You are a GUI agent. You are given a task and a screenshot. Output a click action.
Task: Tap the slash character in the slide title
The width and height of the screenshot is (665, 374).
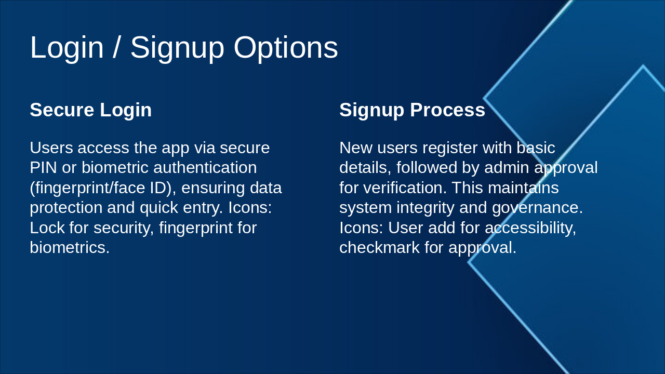[117, 48]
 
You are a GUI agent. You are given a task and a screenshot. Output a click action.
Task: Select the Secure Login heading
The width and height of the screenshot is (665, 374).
[90, 110]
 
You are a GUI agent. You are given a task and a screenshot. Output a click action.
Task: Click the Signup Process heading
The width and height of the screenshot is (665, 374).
[412, 110]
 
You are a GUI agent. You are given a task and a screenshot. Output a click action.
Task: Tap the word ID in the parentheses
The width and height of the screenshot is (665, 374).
[161, 188]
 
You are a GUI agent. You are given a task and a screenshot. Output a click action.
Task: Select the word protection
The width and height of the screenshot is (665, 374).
[66, 207]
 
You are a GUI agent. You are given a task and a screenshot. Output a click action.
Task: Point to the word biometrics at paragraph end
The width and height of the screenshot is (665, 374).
[69, 247]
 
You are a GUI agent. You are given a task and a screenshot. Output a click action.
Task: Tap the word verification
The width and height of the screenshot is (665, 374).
[394, 188]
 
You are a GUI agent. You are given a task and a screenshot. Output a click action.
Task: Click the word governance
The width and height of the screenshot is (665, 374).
[537, 207]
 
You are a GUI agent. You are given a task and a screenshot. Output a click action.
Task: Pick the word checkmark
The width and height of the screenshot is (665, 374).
[379, 247]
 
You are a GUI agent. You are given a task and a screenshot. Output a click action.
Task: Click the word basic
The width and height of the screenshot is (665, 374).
[536, 148]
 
